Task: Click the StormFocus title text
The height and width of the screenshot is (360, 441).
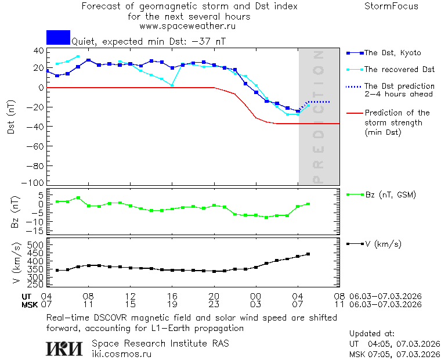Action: pyautogui.click(x=391, y=6)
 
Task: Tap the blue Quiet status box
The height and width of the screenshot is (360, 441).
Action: pyautogui.click(x=58, y=37)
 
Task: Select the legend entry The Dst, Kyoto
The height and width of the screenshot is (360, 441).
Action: pyautogui.click(x=392, y=53)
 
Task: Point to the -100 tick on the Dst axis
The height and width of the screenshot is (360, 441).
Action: pyautogui.click(x=37, y=182)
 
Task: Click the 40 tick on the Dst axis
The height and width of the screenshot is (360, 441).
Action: pyautogui.click(x=39, y=51)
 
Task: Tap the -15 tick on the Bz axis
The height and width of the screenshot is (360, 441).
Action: pyautogui.click(x=37, y=231)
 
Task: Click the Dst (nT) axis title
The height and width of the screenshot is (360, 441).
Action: pyautogui.click(x=11, y=117)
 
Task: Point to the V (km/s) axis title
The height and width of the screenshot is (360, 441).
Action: pyautogui.click(x=16, y=264)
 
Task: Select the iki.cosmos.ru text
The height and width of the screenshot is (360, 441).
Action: pyautogui.click(x=121, y=353)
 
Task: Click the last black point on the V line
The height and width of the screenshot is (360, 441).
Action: pyautogui.click(x=308, y=254)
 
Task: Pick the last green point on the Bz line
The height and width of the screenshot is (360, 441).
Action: pyautogui.click(x=308, y=204)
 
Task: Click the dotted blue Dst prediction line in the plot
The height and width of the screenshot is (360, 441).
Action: pyautogui.click(x=319, y=102)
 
